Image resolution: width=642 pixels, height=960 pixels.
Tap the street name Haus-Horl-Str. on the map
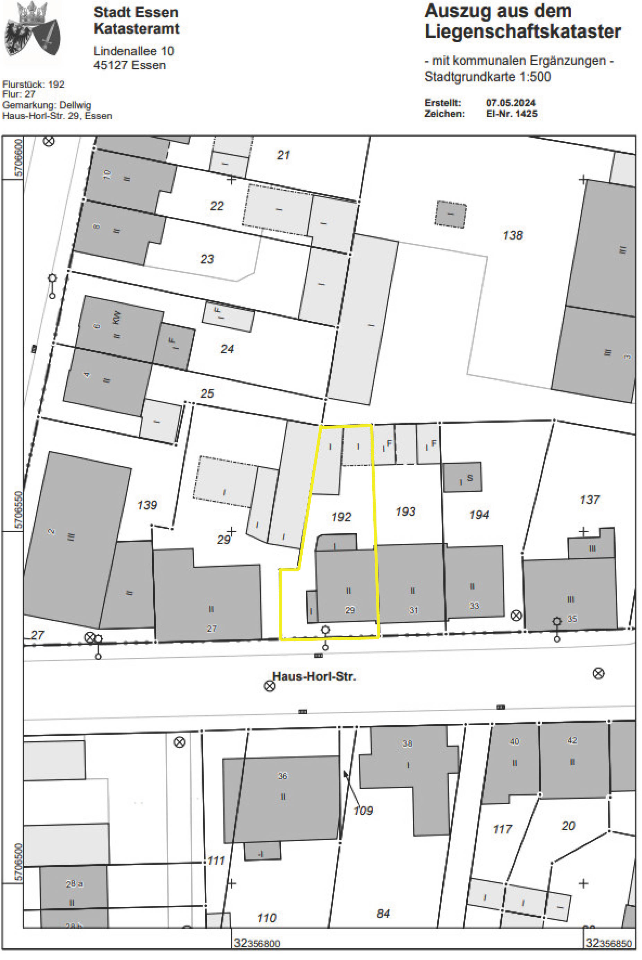click(x=314, y=676)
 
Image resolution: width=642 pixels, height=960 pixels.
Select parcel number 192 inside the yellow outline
click(x=341, y=517)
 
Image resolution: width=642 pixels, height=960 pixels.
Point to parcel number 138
click(x=513, y=235)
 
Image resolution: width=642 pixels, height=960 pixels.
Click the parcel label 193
click(x=405, y=511)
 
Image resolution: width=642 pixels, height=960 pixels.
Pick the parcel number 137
click(x=590, y=500)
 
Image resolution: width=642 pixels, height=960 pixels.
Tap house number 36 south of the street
click(x=283, y=776)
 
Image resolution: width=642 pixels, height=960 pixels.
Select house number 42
click(x=572, y=741)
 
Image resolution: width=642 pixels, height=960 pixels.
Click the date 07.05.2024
click(x=511, y=103)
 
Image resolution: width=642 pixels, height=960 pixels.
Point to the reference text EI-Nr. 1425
click(x=511, y=114)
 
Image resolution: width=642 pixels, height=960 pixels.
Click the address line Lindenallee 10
click(x=134, y=51)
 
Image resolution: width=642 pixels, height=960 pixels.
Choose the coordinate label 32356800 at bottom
click(x=257, y=944)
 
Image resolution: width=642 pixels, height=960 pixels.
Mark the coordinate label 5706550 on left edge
click(x=18, y=510)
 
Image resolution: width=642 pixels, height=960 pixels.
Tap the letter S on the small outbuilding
click(x=470, y=478)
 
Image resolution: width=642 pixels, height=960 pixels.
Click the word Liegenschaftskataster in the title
click(x=523, y=32)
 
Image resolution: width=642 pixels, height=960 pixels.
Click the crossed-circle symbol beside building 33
click(x=516, y=615)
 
